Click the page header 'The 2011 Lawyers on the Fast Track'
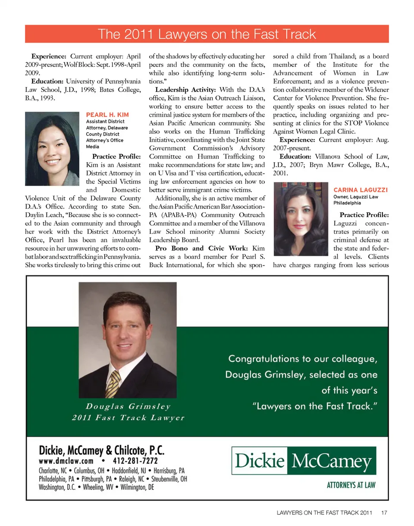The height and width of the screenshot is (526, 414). point(207,34)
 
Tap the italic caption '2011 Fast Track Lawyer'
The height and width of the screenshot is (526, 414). point(128,418)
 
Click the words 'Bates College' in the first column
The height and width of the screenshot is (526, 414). point(122,90)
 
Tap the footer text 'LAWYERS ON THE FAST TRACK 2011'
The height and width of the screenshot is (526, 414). point(324,513)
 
